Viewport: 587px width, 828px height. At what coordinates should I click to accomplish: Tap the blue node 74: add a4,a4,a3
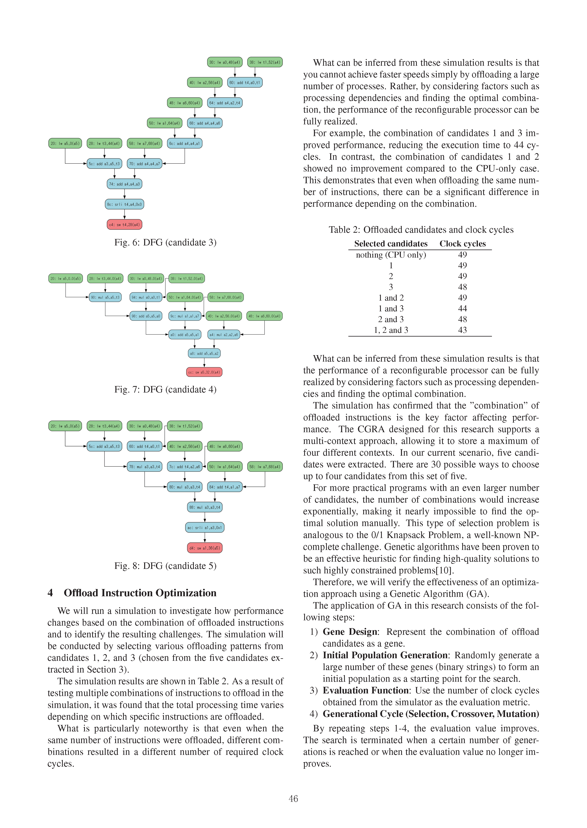(x=124, y=184)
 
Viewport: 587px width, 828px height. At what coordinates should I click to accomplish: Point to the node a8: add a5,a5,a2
(x=204, y=353)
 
